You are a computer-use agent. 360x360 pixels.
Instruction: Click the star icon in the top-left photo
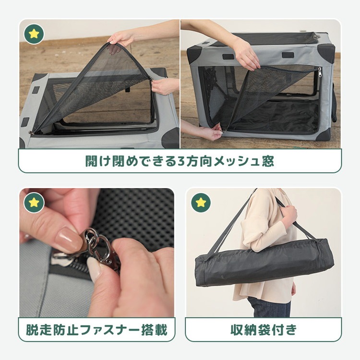click(x=34, y=34)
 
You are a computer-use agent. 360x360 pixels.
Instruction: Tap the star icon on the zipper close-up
click(x=34, y=203)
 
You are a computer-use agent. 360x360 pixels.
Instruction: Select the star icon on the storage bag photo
click(x=201, y=203)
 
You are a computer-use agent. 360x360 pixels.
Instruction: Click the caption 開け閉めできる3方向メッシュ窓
click(x=180, y=161)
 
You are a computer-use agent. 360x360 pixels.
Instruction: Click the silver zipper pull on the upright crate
click(x=319, y=73)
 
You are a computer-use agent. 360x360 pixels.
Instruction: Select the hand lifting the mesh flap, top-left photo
click(x=122, y=37)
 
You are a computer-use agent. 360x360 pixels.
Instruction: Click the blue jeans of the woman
click(x=269, y=307)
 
